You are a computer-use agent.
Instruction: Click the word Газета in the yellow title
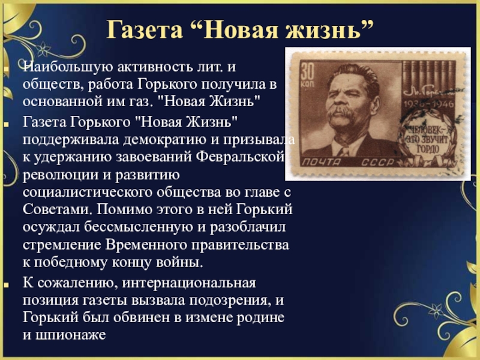[x=145, y=29]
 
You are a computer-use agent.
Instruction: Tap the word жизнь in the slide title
[x=323, y=29]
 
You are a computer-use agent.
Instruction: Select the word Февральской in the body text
[x=241, y=157]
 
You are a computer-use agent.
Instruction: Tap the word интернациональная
[x=189, y=283]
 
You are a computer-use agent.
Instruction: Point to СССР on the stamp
[x=377, y=162]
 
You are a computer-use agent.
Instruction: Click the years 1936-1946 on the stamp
[x=428, y=104]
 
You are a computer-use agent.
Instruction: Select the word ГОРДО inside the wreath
[x=428, y=149]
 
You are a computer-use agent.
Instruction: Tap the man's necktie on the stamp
[x=344, y=151]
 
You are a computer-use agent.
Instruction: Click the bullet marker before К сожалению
[x=6, y=284]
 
